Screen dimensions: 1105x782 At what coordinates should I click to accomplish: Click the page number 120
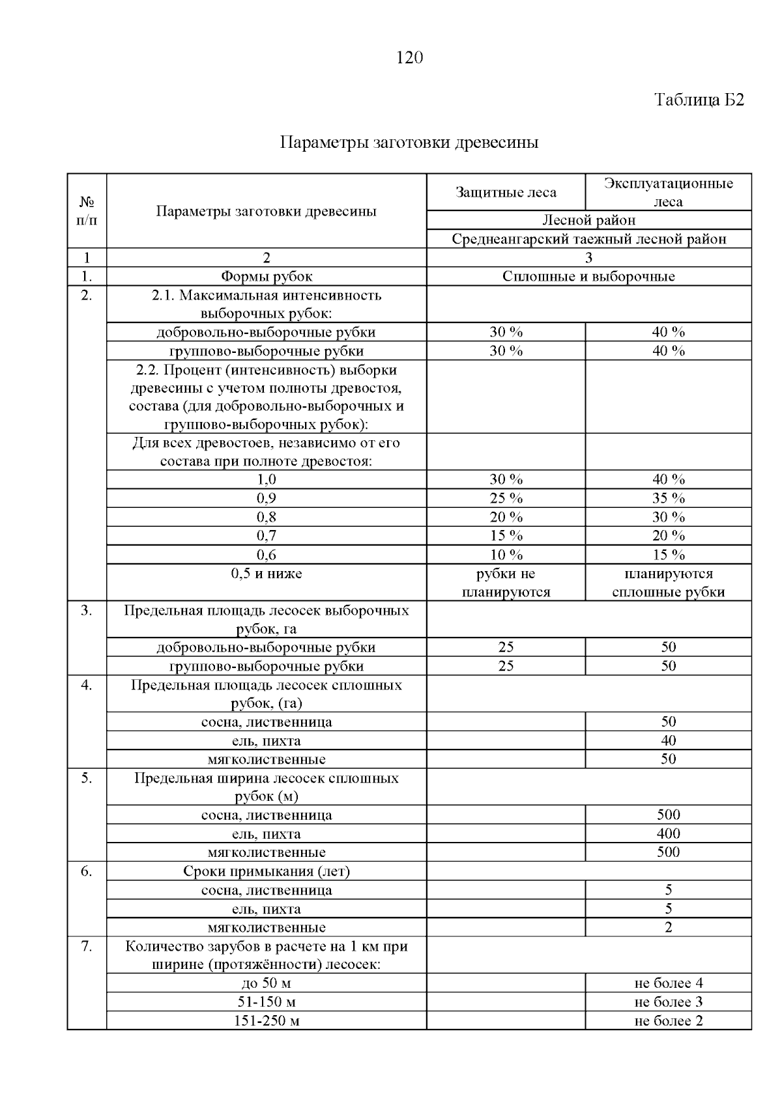click(x=409, y=59)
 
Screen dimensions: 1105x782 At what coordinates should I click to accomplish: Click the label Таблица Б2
click(x=699, y=100)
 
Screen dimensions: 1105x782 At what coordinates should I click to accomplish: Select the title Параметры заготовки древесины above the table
click(x=409, y=143)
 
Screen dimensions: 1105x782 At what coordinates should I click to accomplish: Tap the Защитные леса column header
click(x=506, y=193)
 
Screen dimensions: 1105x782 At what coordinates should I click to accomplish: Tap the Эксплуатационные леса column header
click(x=668, y=193)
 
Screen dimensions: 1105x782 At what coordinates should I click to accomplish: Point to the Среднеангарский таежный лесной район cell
click(x=588, y=239)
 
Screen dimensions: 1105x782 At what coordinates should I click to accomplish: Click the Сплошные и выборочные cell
click(x=588, y=277)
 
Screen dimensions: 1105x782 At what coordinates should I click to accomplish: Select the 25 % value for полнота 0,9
click(x=506, y=499)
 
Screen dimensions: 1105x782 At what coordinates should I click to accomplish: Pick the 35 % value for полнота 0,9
click(x=668, y=499)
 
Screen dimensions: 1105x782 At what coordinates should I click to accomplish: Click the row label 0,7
click(x=266, y=536)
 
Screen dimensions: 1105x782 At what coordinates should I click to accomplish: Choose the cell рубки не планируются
click(x=506, y=583)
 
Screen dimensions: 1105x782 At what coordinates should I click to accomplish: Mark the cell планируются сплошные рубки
click(x=668, y=583)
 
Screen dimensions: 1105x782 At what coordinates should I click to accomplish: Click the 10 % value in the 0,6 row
click(x=506, y=555)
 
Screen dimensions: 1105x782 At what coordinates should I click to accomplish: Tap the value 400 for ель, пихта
click(x=668, y=834)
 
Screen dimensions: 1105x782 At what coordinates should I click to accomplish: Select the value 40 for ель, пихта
click(x=668, y=741)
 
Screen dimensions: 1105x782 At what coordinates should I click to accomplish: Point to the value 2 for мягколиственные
click(x=668, y=928)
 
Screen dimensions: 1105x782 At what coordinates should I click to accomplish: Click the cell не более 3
click(x=668, y=1002)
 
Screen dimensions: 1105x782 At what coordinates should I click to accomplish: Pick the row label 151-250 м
click(x=266, y=1021)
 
